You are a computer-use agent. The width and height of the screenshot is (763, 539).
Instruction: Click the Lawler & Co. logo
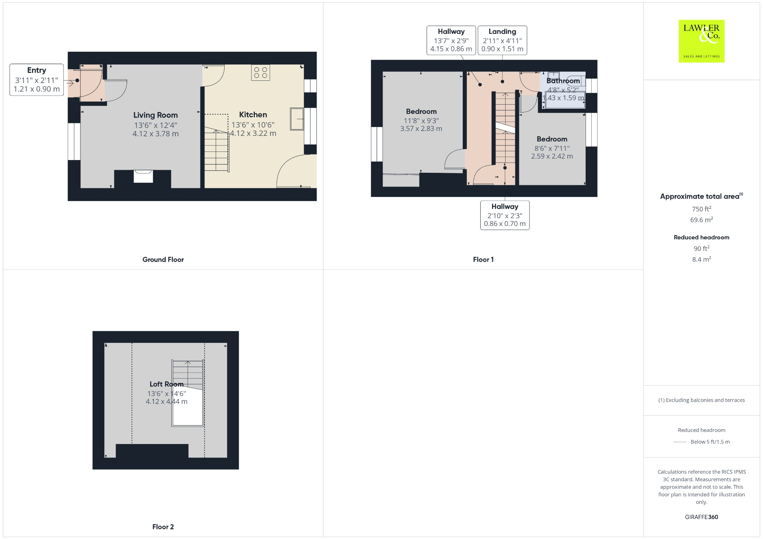tap(701, 41)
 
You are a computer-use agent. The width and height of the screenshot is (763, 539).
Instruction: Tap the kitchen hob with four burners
tap(260, 73)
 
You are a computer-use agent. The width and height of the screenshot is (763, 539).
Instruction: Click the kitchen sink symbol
tap(297, 119)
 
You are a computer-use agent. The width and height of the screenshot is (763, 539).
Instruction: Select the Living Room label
tap(155, 115)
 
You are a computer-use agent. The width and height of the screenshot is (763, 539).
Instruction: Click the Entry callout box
tap(37, 80)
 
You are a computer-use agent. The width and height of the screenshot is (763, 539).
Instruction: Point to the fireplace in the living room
tap(143, 176)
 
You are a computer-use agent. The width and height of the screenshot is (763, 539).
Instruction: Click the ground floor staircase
tap(216, 149)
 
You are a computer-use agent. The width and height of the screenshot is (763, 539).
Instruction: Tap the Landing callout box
tap(502, 40)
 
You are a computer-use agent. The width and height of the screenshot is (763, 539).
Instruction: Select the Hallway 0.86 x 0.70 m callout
tap(504, 215)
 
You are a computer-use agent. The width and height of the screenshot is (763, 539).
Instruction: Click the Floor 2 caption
tap(163, 527)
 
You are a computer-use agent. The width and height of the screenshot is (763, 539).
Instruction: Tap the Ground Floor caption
tap(163, 259)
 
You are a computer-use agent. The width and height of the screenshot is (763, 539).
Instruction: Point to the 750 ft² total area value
tap(701, 209)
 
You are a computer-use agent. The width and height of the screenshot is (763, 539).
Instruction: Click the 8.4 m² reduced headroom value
tap(701, 259)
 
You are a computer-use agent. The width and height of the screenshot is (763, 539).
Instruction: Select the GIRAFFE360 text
tap(701, 517)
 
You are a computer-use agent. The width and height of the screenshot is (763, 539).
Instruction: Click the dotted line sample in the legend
tap(680, 442)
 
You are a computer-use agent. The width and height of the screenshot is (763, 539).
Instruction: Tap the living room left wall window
tap(74, 141)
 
